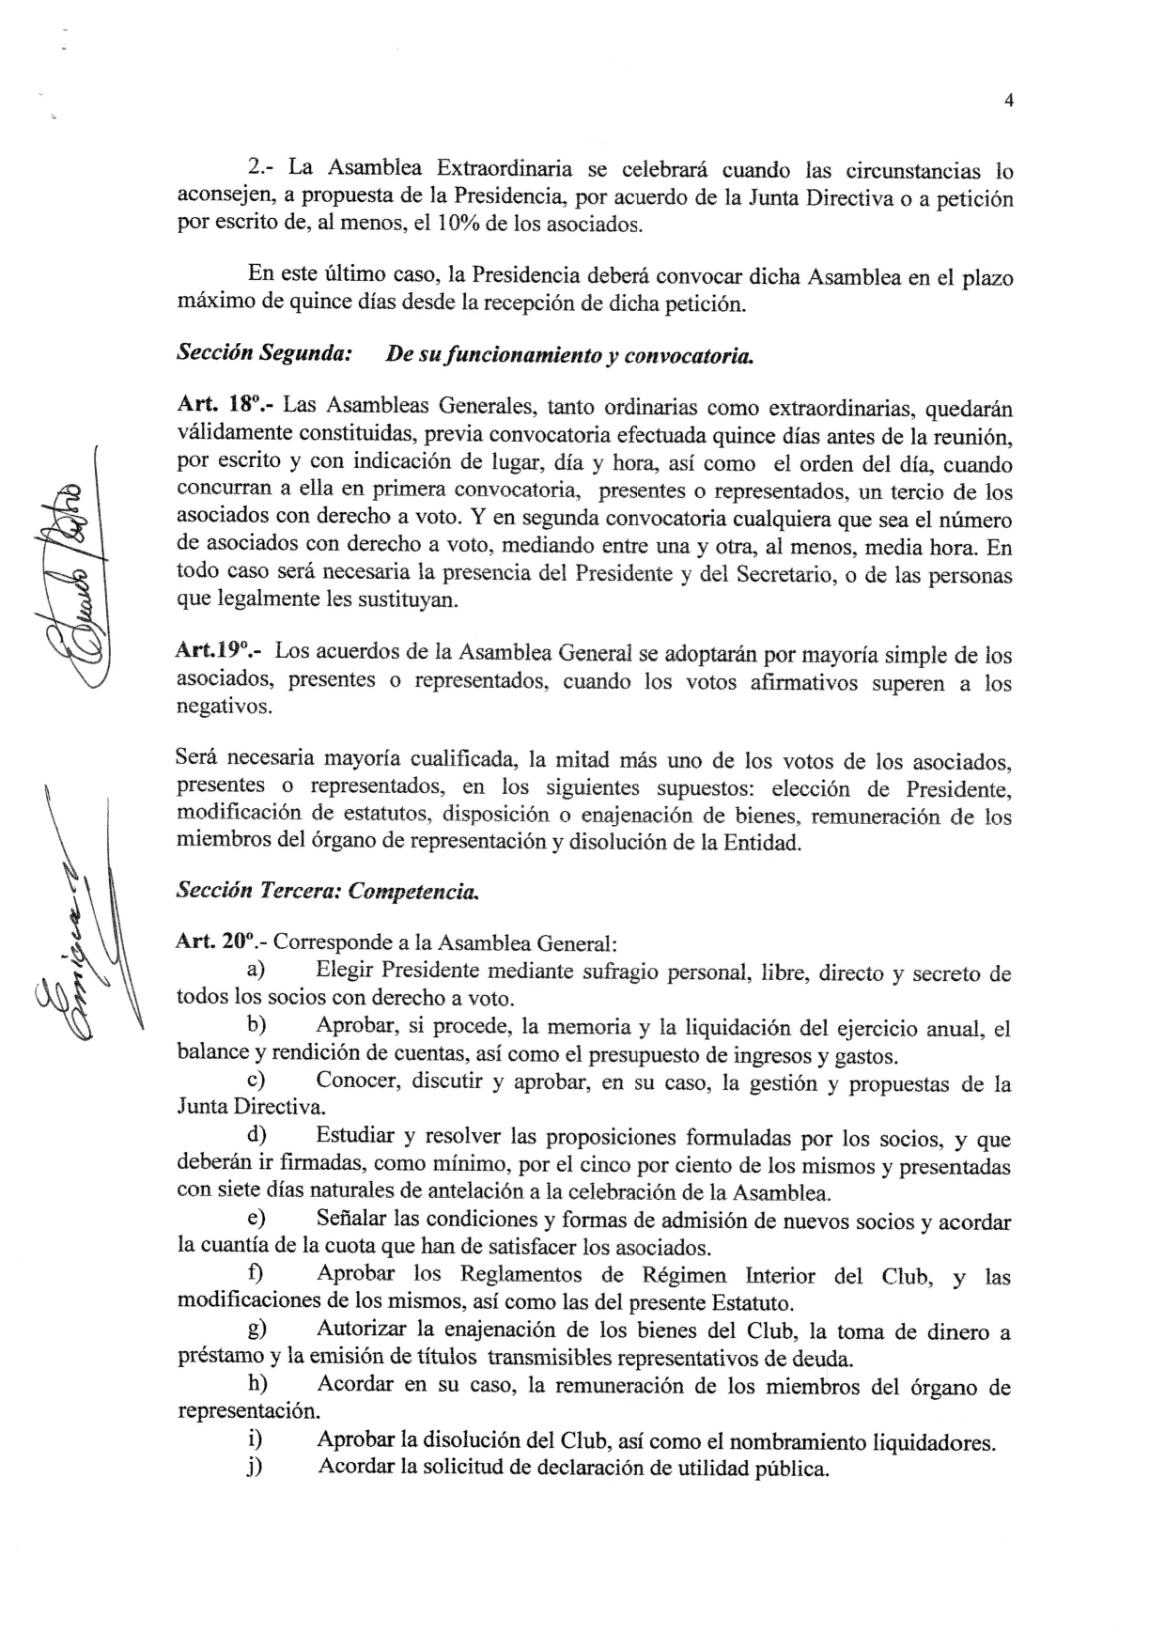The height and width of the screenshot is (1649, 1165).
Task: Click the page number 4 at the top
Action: click(1008, 101)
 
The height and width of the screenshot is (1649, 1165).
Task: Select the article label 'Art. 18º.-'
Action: click(225, 407)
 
